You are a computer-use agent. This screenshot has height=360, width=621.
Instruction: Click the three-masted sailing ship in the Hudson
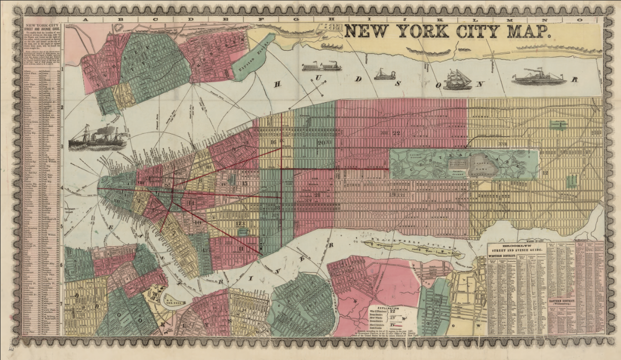point(457,79)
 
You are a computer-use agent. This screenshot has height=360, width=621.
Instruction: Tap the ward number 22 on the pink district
point(395,133)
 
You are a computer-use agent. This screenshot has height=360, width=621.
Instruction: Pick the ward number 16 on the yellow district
point(273,142)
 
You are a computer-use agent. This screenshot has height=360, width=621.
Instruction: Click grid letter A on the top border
point(86,20)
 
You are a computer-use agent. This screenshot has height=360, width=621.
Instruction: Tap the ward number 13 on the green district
point(204,250)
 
